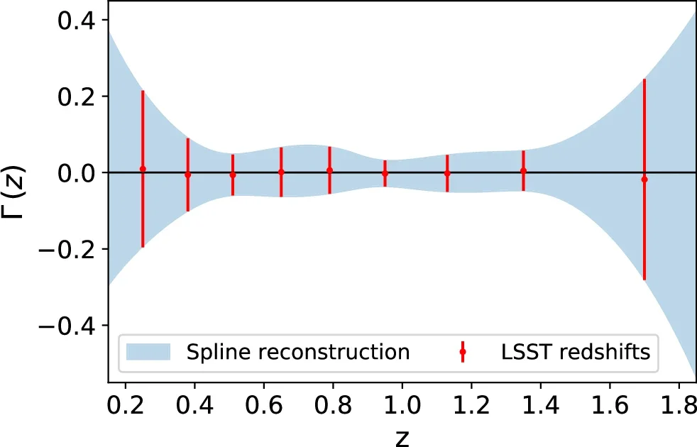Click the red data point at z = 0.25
tap(143, 169)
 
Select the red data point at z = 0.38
tap(187, 175)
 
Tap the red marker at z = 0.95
tap(385, 173)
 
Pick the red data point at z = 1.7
tap(644, 180)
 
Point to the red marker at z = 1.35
tap(523, 170)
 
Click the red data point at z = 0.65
tap(281, 172)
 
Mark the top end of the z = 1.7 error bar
tap(644, 79)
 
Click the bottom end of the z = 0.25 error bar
tap(143, 247)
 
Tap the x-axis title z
tap(402, 437)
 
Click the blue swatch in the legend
tap(148, 351)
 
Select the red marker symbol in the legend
tap(462, 351)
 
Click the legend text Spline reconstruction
tap(297, 351)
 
